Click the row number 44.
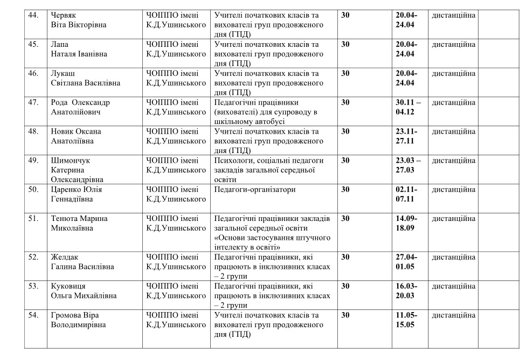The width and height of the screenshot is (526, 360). point(34,15)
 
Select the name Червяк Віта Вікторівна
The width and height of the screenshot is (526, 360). point(79,20)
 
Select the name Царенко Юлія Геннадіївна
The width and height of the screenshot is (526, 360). point(77,195)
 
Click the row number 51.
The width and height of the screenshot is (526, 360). point(34,219)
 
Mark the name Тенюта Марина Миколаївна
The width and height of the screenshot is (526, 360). point(79,224)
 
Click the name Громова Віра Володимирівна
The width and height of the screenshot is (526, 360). point(78,320)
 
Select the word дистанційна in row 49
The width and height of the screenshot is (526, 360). point(453,161)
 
